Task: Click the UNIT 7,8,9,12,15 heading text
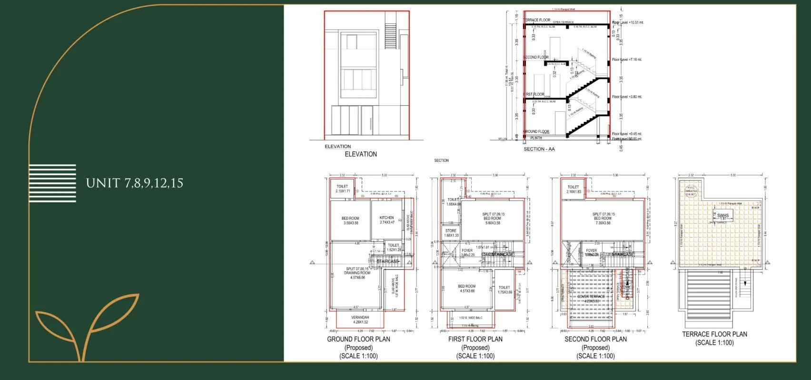point(134,183)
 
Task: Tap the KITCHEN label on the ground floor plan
point(386,220)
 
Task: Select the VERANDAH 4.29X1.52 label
point(360,320)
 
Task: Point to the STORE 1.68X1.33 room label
point(451,233)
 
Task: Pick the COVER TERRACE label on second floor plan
point(591,298)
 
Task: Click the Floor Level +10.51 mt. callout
point(628,22)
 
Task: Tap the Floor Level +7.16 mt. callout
point(627,60)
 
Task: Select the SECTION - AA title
point(539,149)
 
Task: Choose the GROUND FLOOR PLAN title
point(358,339)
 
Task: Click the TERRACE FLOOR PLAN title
point(714,334)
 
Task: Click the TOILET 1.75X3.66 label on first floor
point(504,290)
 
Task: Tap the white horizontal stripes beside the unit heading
point(52,183)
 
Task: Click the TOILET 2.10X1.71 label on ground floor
point(342,189)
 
